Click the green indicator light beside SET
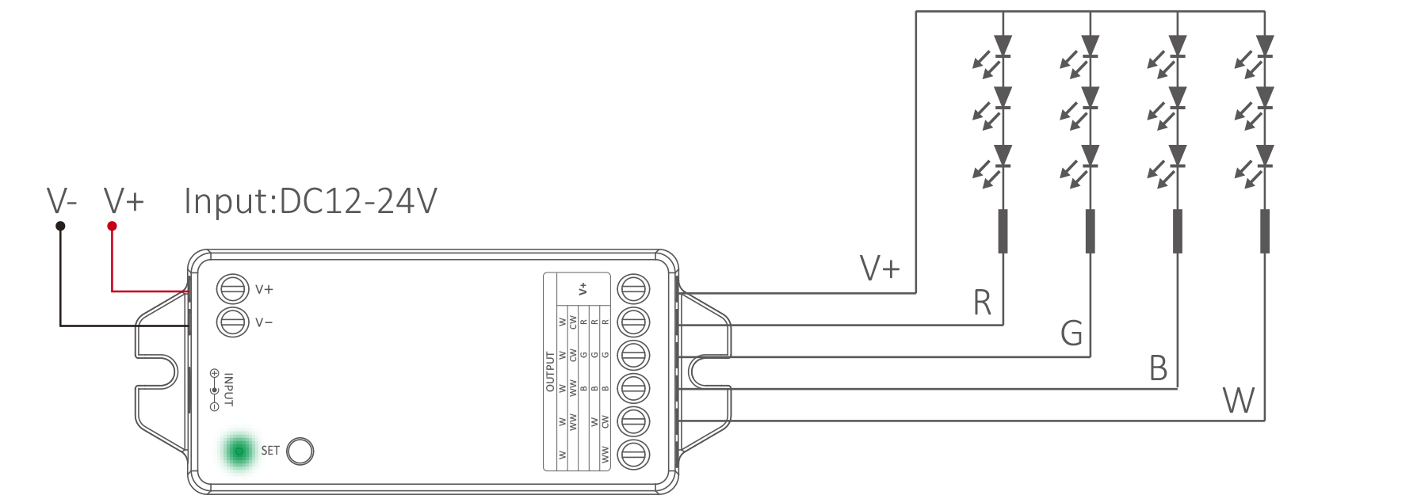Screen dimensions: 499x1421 [239, 451]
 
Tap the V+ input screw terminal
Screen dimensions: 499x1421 [232, 289]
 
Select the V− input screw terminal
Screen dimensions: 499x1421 [232, 322]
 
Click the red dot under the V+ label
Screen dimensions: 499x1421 [113, 227]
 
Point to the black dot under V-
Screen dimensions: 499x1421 [60, 227]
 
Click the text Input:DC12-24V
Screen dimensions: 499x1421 [310, 201]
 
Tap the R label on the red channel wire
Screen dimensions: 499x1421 [982, 303]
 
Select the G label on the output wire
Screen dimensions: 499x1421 [1071, 333]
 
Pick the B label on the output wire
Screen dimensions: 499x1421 [1158, 368]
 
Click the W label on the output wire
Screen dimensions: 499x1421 [1239, 401]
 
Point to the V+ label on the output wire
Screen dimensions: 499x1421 [880, 269]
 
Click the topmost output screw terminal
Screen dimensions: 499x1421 [633, 289]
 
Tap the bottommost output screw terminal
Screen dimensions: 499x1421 [633, 455]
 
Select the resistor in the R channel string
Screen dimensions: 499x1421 [1003, 230]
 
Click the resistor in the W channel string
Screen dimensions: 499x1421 [1265, 230]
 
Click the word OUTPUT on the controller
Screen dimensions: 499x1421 [550, 371]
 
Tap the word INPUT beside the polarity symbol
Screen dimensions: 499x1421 [229, 390]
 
